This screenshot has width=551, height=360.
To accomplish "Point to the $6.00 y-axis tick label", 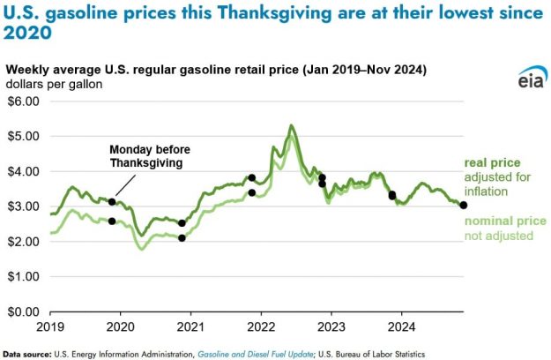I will point(23,101).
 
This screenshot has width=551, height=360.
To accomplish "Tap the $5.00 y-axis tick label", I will point(23,136).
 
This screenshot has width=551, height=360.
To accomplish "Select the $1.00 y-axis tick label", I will point(23,276).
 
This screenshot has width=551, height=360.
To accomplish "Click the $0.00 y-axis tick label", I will point(23,311).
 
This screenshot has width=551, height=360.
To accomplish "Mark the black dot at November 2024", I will point(464,206).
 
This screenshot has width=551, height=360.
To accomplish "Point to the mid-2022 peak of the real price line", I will point(291,126).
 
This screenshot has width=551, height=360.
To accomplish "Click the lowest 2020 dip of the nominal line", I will point(142,249).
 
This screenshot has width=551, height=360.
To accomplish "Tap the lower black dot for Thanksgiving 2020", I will point(182,238).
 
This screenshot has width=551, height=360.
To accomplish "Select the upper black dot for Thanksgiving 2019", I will point(112,202).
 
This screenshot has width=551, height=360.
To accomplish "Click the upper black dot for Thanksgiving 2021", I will point(252,177).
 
